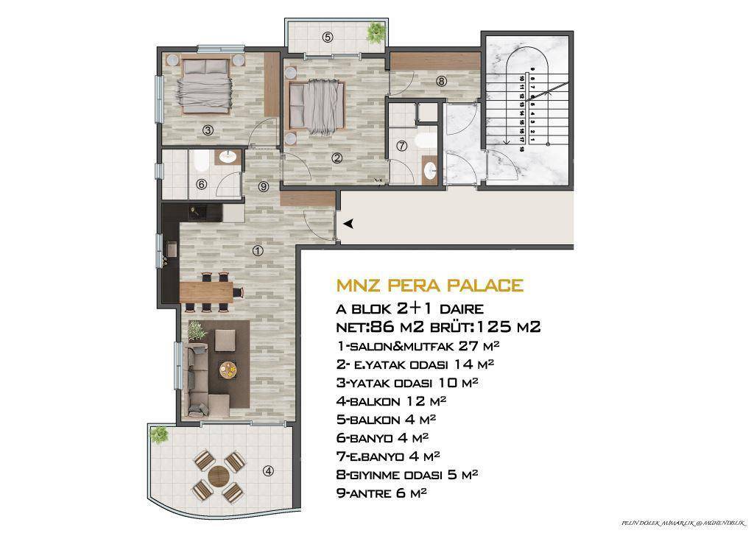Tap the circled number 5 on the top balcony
(328, 36)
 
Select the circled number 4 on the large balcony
(268, 472)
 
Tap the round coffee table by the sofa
(230, 370)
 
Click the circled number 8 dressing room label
(440, 81)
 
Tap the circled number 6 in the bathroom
(202, 185)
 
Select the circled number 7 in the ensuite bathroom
(401, 146)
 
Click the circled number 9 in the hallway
(264, 186)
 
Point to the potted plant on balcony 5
(376, 31)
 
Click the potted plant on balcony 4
(159, 434)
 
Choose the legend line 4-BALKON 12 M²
(390, 401)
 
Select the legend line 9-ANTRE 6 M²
(381, 493)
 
